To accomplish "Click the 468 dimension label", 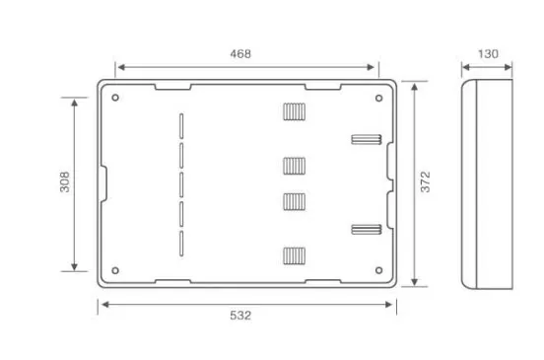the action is tap(240, 54).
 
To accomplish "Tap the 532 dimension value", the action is tap(240, 316).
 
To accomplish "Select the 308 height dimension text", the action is tap(65, 181).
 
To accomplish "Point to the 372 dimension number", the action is tap(425, 181).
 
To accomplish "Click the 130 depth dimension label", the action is tap(488, 54).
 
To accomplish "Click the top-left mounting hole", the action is tap(115, 98).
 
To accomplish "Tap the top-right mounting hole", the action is tap(378, 99).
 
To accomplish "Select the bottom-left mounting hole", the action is tap(115, 270).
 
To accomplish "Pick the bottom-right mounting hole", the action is tap(378, 270).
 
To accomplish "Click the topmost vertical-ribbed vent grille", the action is tap(295, 111).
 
